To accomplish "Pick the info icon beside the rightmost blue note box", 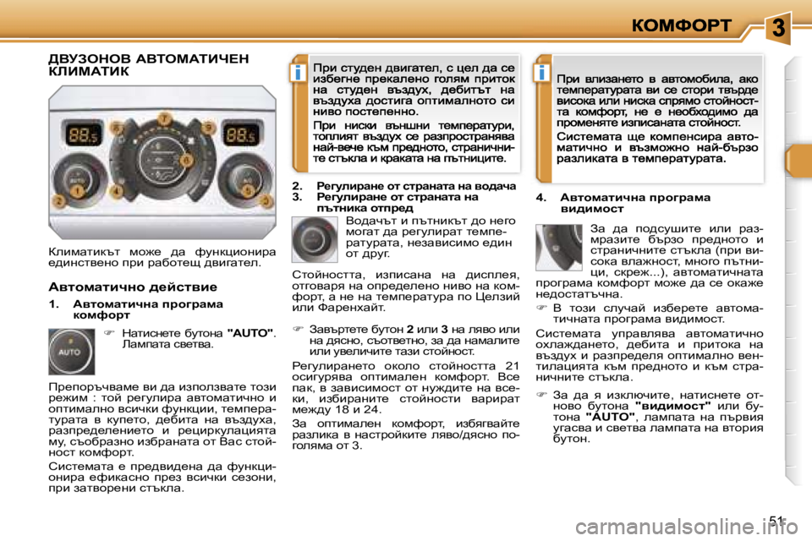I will pos(539,74).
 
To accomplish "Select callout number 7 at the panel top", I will pos(163,116).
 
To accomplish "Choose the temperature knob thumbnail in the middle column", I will pos(315,239).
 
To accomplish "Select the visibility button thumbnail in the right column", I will pos(559,247).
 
